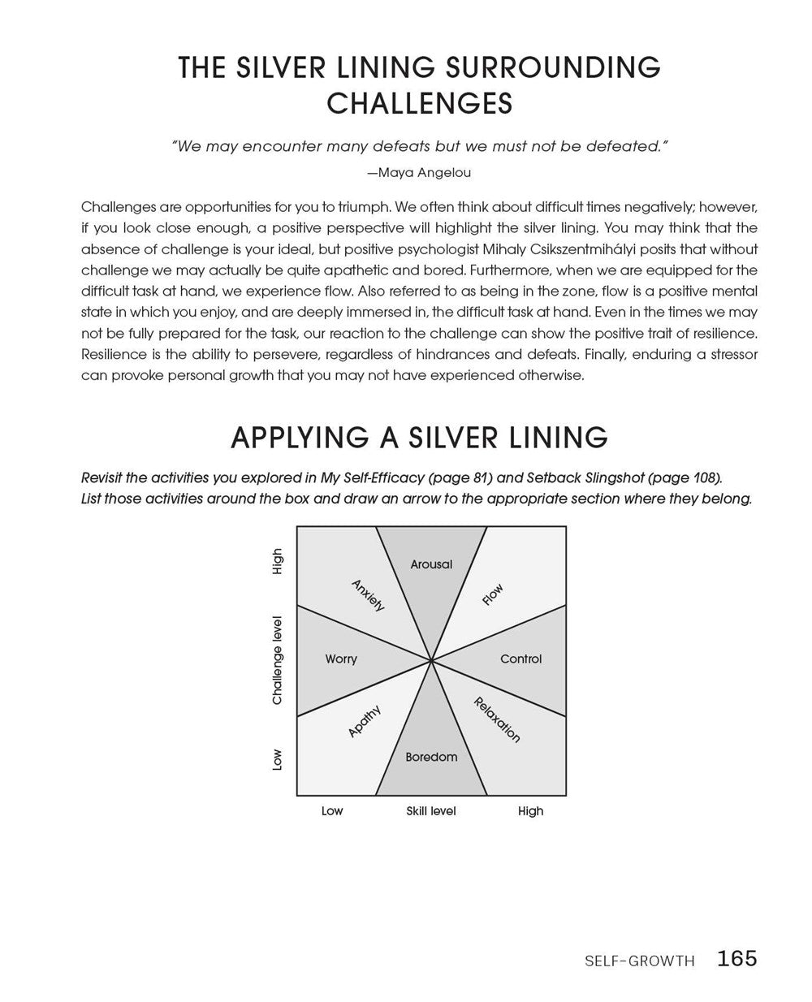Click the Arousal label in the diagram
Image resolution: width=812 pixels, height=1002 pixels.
(431, 564)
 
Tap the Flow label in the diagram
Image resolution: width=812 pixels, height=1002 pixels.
(493, 594)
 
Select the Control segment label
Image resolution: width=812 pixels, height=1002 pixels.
(520, 659)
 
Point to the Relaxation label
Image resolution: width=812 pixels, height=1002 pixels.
(497, 719)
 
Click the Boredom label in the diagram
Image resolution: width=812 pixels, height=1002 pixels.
(431, 757)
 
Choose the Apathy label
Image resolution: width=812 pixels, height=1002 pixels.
(365, 721)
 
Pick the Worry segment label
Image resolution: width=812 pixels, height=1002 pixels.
(341, 659)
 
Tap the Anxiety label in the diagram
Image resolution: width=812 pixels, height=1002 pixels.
(368, 595)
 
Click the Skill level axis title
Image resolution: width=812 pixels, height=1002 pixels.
(431, 810)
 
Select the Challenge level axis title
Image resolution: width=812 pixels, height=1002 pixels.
(278, 659)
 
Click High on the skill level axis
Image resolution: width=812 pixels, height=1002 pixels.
(530, 810)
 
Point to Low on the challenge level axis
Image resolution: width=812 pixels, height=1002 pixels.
(278, 759)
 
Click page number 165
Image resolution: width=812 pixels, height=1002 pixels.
(736, 958)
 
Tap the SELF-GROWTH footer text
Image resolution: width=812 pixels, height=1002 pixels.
(639, 961)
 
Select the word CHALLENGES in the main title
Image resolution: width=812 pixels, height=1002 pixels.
(419, 103)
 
